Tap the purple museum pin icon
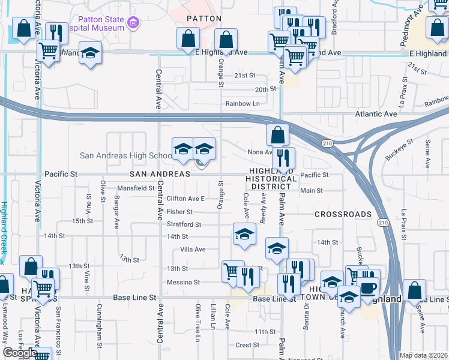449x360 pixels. click(133, 25)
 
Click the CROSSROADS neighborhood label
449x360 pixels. click(343, 214)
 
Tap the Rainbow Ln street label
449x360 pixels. click(242, 103)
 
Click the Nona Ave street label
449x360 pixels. click(260, 152)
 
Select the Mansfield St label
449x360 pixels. click(136, 188)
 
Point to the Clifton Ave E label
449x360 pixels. click(186, 199)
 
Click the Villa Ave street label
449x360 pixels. click(193, 249)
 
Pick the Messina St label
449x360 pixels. click(183, 282)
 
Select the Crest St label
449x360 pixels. click(247, 345)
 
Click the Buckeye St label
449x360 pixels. click(400, 150)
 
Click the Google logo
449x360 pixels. click(20, 353)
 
